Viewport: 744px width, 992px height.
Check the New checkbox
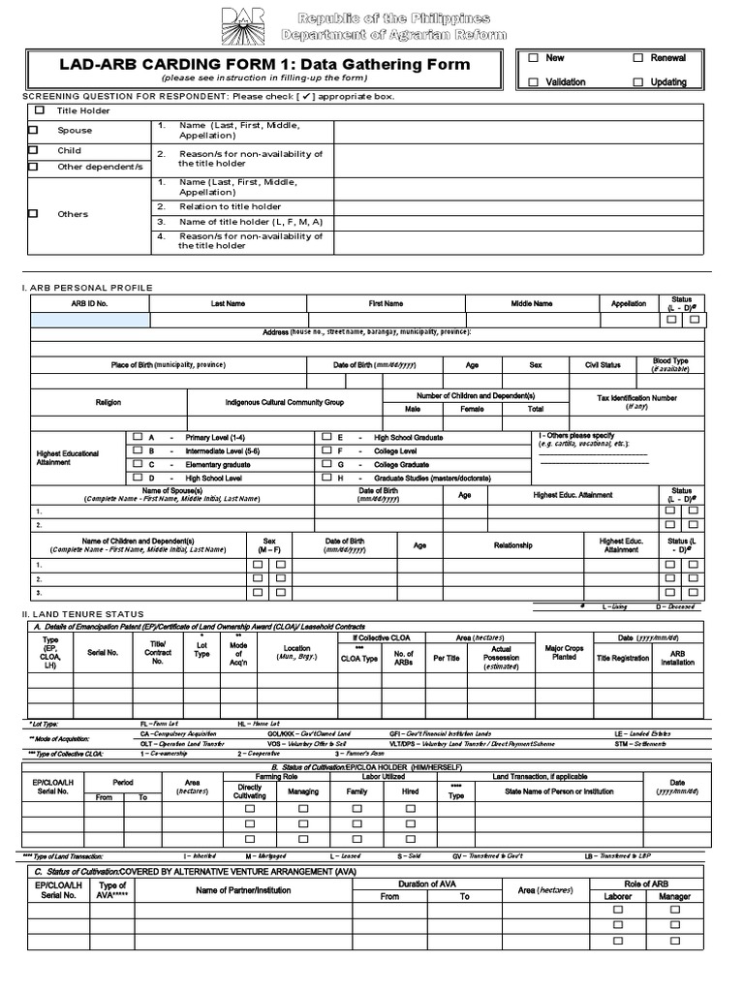click(x=533, y=58)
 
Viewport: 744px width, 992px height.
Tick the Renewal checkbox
click(x=638, y=58)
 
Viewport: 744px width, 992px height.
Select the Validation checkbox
click(x=533, y=82)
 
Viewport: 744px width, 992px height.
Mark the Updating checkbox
click(x=638, y=82)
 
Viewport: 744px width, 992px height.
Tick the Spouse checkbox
click(x=33, y=130)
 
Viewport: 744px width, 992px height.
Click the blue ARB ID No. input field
click(x=90, y=320)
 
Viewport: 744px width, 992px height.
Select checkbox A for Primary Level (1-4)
click(x=137, y=437)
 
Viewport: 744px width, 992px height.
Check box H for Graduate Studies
click(x=326, y=478)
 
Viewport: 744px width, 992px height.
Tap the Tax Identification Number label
click(x=636, y=402)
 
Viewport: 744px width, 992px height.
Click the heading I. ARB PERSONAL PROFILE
click(x=87, y=288)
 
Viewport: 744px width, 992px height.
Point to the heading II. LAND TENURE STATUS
click(x=82, y=613)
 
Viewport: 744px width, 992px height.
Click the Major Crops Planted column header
click(x=564, y=652)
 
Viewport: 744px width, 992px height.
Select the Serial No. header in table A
click(x=103, y=653)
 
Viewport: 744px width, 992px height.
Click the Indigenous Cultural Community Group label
click(x=285, y=402)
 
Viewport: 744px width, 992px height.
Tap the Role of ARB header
click(x=646, y=883)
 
